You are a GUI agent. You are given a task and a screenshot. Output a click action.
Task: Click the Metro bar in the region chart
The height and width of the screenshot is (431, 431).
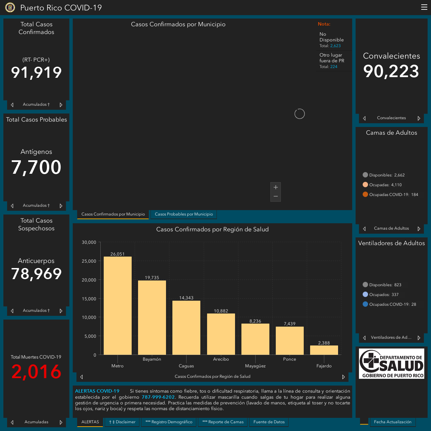click(x=118, y=305)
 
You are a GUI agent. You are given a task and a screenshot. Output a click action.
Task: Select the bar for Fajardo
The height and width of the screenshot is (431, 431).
click(x=324, y=350)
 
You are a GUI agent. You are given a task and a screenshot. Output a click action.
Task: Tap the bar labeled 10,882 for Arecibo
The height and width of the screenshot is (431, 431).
click(x=221, y=334)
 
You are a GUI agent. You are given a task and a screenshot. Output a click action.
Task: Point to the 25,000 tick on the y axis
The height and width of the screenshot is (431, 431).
click(x=89, y=261)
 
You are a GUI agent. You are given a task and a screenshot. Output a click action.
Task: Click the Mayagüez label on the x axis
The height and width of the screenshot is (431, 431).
click(x=255, y=366)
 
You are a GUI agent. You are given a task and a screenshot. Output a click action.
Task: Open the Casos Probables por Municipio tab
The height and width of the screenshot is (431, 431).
click(x=184, y=214)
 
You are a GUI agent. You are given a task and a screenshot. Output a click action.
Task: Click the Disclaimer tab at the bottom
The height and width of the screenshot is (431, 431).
click(x=122, y=422)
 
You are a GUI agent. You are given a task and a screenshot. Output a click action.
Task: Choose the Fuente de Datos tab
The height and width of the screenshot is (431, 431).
click(x=269, y=422)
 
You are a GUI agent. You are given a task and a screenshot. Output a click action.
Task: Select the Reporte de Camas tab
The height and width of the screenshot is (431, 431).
click(x=223, y=422)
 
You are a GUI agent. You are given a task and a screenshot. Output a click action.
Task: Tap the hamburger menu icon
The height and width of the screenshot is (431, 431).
click(x=424, y=7)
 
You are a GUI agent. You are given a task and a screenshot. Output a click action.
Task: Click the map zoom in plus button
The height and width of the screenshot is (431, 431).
click(x=275, y=187)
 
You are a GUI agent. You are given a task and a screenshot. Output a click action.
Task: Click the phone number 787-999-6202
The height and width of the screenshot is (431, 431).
click(x=158, y=397)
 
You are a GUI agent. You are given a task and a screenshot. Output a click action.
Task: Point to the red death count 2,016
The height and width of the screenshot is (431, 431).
click(x=36, y=371)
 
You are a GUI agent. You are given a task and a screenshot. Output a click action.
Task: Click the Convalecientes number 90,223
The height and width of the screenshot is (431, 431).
click(x=391, y=71)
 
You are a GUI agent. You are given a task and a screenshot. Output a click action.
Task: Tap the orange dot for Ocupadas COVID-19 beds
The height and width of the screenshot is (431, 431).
click(x=365, y=194)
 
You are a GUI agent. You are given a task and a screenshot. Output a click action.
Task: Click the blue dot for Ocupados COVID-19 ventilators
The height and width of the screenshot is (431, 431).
click(x=365, y=304)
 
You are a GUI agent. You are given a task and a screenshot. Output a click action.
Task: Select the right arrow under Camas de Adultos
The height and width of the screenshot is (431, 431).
click(x=419, y=229)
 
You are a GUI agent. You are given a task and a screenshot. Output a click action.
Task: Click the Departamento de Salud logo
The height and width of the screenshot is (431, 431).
click(x=391, y=364)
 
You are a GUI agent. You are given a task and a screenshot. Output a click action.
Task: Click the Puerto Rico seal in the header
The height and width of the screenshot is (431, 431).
click(x=10, y=7)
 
